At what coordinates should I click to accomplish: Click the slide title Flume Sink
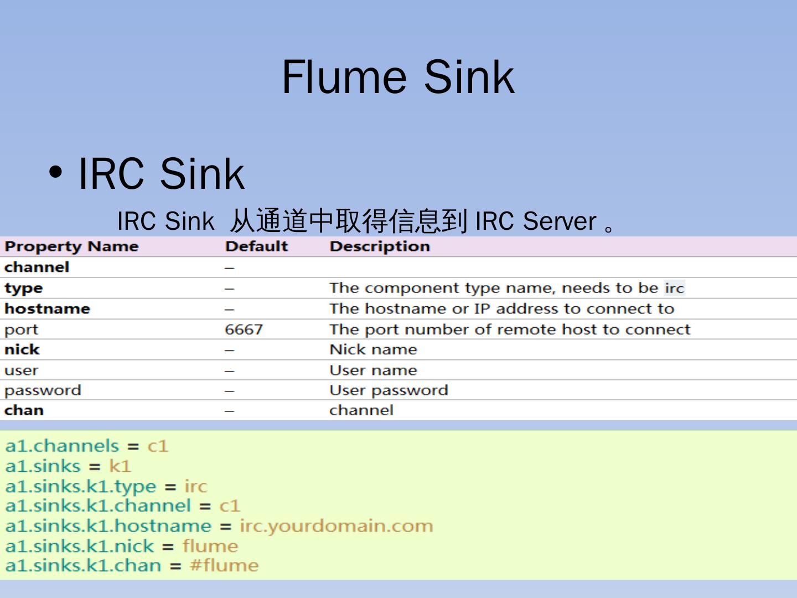[x=398, y=77]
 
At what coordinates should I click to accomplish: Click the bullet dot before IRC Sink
[x=55, y=172]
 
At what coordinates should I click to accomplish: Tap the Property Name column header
[x=71, y=246]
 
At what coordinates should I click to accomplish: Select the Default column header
[x=256, y=246]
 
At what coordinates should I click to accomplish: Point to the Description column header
[x=379, y=246]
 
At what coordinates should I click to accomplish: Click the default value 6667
[x=244, y=329]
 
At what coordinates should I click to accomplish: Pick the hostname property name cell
[x=47, y=308]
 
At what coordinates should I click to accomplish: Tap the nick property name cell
[x=22, y=349]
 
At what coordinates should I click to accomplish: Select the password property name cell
[x=43, y=390]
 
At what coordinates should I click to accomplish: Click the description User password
[x=389, y=390]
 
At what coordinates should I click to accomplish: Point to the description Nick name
[x=373, y=349]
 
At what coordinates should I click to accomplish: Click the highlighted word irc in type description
[x=674, y=288]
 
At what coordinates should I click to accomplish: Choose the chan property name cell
[x=24, y=410]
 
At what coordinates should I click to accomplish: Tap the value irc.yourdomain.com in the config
[x=336, y=525]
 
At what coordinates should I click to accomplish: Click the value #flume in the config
[x=224, y=565]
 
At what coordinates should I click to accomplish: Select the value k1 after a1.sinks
[x=120, y=466]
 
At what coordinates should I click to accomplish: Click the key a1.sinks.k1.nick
[x=80, y=546]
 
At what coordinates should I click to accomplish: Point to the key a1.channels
[x=62, y=446]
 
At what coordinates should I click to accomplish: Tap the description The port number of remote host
[x=510, y=329]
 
